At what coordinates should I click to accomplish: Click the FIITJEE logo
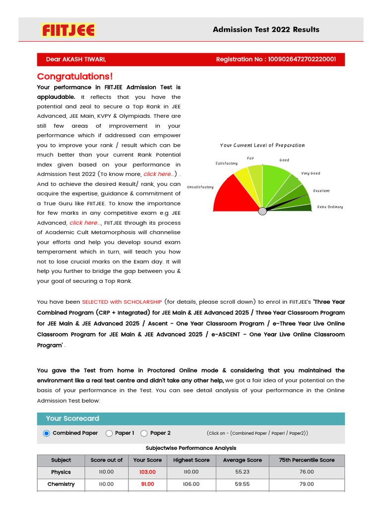pos(68,30)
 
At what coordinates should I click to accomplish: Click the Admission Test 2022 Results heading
pos(266,29)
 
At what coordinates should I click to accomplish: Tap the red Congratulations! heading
pos(75,77)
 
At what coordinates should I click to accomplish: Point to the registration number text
pos(276,60)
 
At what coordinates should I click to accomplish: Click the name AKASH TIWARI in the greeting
pos(84,60)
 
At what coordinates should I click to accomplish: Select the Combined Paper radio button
pos(47,433)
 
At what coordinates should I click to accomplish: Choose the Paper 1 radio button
pos(109,433)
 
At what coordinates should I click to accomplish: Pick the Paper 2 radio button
pos(144,433)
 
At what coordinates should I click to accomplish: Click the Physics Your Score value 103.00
pos(147,472)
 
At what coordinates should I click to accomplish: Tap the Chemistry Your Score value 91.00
pos(147,484)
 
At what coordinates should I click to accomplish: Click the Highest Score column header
pos(191,460)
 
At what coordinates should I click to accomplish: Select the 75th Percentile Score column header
pos(307,460)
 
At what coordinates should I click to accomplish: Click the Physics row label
pos(61,472)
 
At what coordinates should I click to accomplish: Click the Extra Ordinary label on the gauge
pos(330,207)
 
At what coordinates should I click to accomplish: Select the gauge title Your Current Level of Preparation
pos(262,146)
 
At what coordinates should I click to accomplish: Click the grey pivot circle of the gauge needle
pos(262,211)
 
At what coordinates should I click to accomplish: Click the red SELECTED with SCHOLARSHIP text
pos(122,302)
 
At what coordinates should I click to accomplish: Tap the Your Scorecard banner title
pos(72,419)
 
